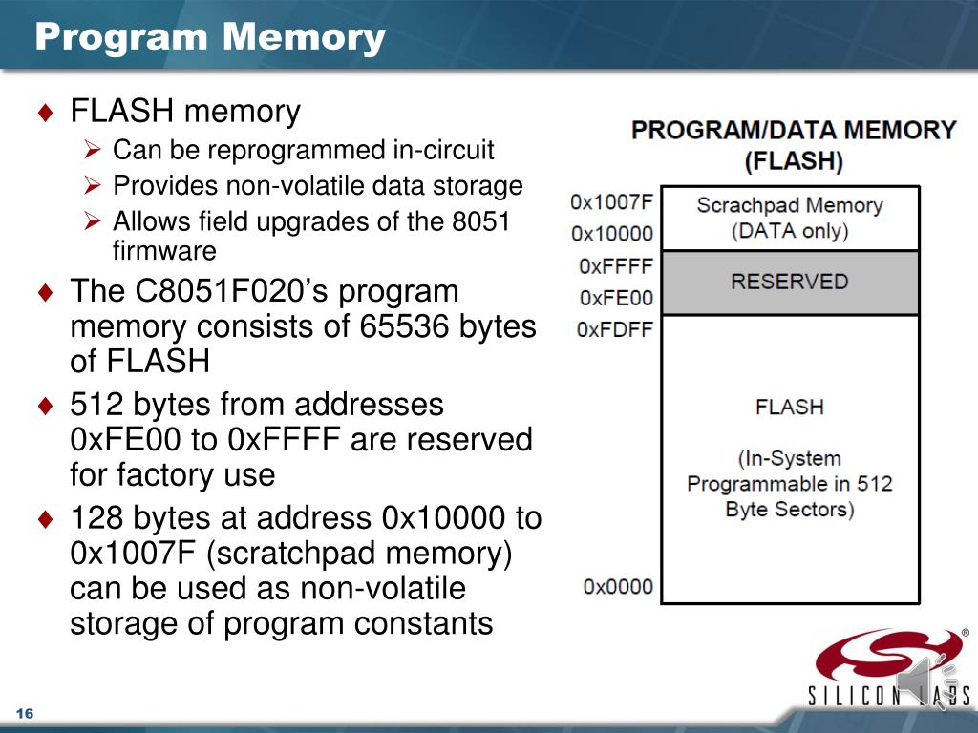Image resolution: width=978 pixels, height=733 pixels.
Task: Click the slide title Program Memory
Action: pyautogui.click(x=210, y=37)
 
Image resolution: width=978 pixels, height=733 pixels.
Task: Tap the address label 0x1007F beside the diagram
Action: pyautogui.click(x=611, y=202)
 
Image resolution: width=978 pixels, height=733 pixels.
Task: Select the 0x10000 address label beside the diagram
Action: pyautogui.click(x=612, y=233)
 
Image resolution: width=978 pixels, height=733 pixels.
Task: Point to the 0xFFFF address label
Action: pyautogui.click(x=616, y=266)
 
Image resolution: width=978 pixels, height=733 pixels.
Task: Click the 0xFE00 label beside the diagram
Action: pyautogui.click(x=616, y=298)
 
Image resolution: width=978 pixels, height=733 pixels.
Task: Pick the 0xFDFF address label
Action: pyautogui.click(x=614, y=328)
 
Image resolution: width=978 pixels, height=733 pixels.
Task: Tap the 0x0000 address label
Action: pyautogui.click(x=618, y=587)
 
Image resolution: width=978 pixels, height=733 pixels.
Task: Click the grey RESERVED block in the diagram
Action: pyautogui.click(x=790, y=283)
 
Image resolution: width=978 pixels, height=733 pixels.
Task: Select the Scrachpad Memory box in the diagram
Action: pyautogui.click(x=790, y=219)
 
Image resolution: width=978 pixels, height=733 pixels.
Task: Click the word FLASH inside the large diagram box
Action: pyautogui.click(x=790, y=407)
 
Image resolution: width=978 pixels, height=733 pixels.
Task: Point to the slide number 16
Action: pyautogui.click(x=24, y=713)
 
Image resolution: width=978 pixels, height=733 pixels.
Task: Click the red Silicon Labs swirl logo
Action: pyautogui.click(x=888, y=655)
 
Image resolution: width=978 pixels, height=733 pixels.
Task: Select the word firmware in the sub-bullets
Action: pyautogui.click(x=164, y=251)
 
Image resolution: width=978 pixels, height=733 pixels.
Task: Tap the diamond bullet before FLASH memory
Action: pyautogui.click(x=46, y=113)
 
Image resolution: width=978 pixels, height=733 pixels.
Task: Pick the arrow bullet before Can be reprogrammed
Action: pyautogui.click(x=93, y=150)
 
